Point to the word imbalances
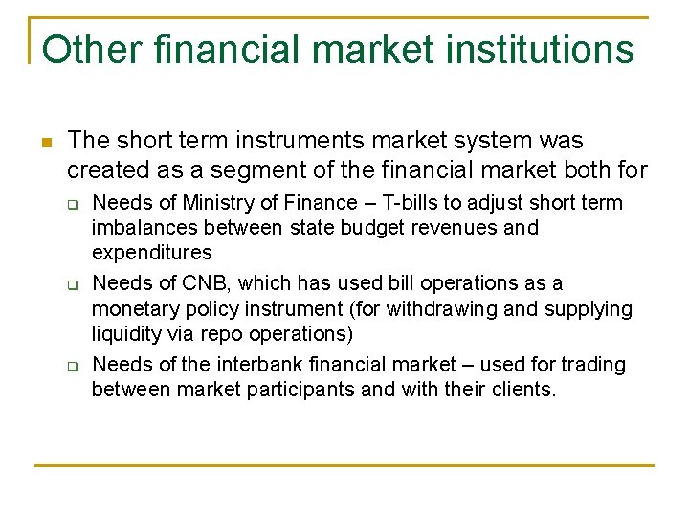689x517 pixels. [x=142, y=228]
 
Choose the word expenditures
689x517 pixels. [x=151, y=253]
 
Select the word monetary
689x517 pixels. [x=131, y=309]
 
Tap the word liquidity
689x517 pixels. [x=124, y=334]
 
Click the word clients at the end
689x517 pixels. [x=523, y=390]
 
